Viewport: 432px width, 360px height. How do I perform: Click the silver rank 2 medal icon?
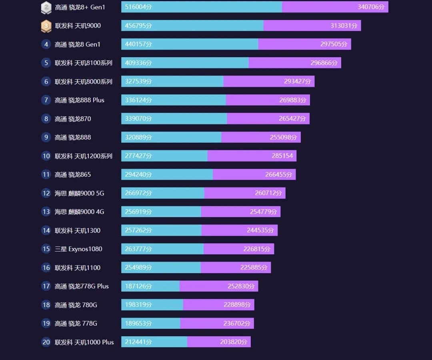point(46,7)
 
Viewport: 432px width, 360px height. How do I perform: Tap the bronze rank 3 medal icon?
point(46,26)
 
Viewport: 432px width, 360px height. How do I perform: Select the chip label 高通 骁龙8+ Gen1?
point(80,7)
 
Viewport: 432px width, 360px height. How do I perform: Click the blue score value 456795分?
point(138,26)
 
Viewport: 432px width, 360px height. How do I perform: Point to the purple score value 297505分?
point(334,44)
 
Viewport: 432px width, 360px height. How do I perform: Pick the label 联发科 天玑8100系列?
point(84,63)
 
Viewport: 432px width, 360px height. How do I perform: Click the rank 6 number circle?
point(46,82)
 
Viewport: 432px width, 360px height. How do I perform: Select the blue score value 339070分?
point(138,119)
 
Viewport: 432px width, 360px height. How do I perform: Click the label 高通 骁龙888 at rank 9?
point(73,137)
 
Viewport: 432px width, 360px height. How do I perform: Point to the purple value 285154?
point(282,156)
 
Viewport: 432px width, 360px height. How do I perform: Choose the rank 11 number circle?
point(46,174)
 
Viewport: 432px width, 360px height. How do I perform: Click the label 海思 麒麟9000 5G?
point(79,193)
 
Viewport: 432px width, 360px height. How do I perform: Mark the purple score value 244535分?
point(260,230)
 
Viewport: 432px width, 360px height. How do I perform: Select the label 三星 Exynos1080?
point(78,249)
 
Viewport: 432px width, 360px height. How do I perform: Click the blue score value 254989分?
point(138,268)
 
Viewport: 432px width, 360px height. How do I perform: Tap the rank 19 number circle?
point(46,323)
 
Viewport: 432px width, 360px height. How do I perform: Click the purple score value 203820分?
point(234,342)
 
